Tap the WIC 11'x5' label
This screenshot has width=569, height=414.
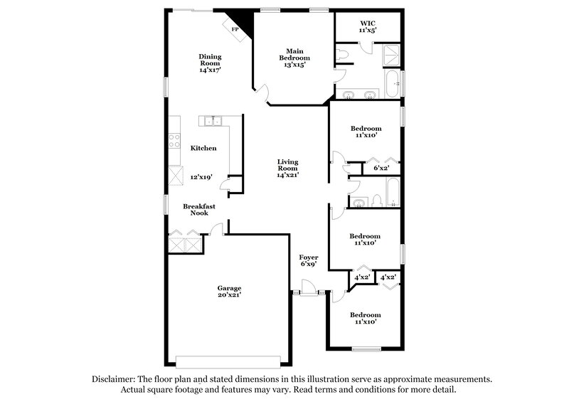click(366, 27)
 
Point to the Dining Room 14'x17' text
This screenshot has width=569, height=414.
click(210, 63)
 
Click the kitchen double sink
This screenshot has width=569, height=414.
click(213, 121)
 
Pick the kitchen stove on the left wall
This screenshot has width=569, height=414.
click(173, 140)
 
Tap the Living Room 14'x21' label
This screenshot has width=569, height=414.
click(287, 168)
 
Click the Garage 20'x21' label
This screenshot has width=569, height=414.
click(229, 292)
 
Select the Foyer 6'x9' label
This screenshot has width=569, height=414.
click(308, 260)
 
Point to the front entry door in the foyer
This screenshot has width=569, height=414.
click(309, 290)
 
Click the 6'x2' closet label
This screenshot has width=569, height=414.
click(381, 169)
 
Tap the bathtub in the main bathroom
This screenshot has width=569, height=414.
click(392, 84)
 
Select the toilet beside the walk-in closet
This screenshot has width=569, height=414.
click(343, 53)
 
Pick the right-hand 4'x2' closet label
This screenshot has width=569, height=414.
click(388, 277)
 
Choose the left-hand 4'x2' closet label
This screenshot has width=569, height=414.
click(363, 277)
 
